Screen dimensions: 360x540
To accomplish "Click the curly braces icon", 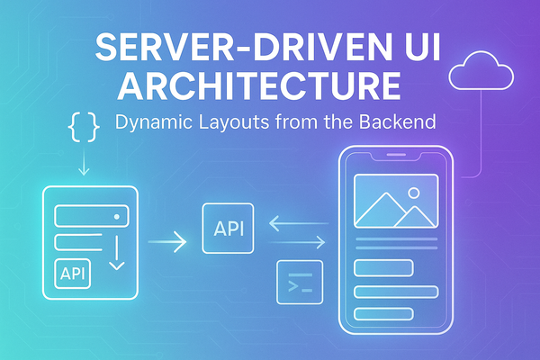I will tap(83, 128).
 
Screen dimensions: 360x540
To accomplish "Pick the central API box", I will tap(228, 228).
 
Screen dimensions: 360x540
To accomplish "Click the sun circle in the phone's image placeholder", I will tap(413, 192).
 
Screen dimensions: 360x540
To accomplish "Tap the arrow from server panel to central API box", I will tap(167, 240).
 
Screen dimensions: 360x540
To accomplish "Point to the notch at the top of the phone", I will tap(396, 157).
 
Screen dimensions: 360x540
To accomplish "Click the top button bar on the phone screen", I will tap(382, 267).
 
